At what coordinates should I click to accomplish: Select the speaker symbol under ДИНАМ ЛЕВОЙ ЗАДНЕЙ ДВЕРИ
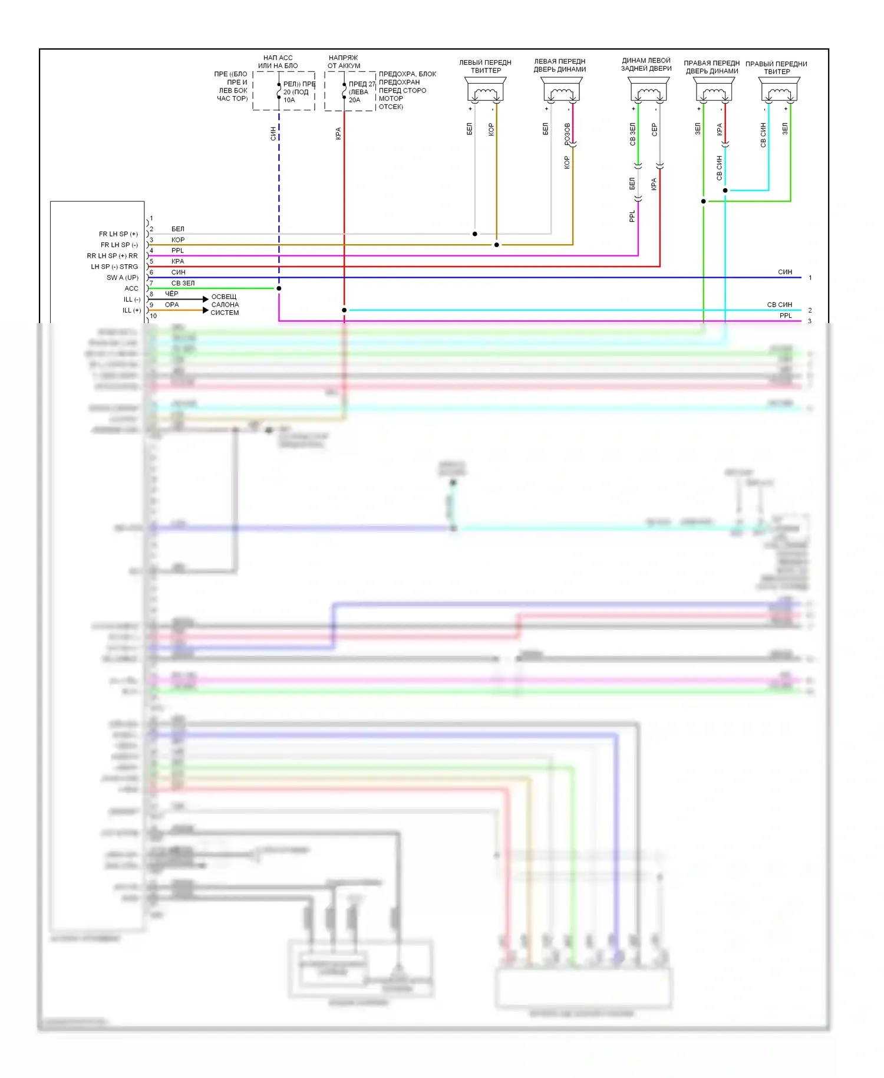coord(648,91)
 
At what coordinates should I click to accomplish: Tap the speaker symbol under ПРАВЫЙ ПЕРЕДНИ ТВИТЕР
coord(779,91)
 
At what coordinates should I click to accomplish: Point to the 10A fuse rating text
coord(289,100)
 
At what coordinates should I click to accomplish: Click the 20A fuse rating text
coord(354,100)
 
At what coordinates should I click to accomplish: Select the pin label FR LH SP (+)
coord(118,234)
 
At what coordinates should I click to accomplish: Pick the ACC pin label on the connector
coord(131,288)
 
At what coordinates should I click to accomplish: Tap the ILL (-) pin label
coord(132,300)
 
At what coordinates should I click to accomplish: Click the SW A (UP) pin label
coord(123,278)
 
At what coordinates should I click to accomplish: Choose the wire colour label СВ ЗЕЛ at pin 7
coord(183,283)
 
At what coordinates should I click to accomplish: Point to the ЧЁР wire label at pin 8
coord(171,294)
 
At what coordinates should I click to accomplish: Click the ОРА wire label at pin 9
coord(171,305)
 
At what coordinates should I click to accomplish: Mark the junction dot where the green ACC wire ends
coord(279,288)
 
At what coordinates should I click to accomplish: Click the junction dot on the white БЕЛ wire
coord(475,234)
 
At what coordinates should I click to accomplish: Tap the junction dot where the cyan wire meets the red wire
coord(344,310)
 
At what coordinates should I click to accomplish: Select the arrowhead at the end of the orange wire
coord(206,310)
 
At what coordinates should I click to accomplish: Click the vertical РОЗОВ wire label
coord(568,134)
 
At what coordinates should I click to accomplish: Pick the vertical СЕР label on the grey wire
coord(654,130)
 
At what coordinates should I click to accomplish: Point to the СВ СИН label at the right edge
coord(779,305)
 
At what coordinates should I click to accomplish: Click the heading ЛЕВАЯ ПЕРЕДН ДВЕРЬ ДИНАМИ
coord(560,65)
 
